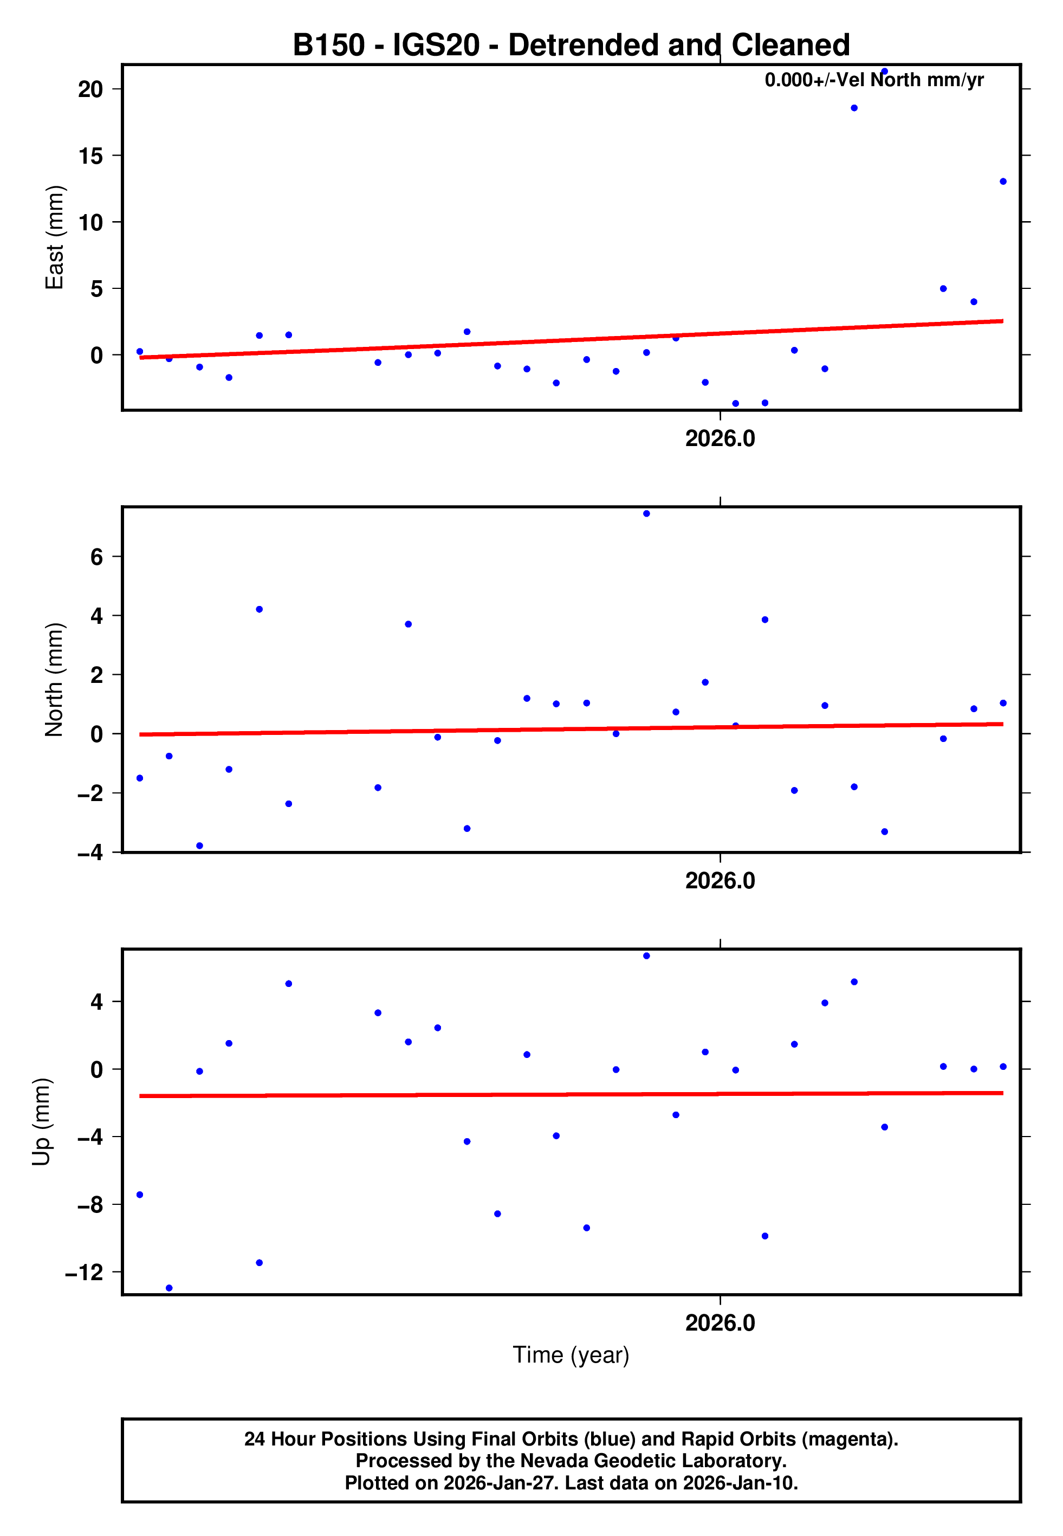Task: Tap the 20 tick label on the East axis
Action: pos(90,89)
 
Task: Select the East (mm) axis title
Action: pos(54,238)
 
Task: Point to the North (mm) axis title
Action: pos(54,680)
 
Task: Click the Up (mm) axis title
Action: pos(41,1122)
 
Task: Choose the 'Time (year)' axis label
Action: pos(571,1356)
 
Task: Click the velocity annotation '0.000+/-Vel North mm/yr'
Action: pos(874,80)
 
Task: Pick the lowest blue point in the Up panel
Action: pos(169,1288)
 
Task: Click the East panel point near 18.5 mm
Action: pos(854,108)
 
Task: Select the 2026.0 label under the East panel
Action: pos(720,439)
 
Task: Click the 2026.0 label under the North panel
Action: pos(720,881)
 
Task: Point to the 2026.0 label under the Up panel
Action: pos(720,1323)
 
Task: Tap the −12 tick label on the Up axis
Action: pos(84,1272)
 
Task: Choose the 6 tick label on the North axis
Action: pos(97,557)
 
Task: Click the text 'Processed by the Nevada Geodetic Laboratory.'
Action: pos(571,1461)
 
